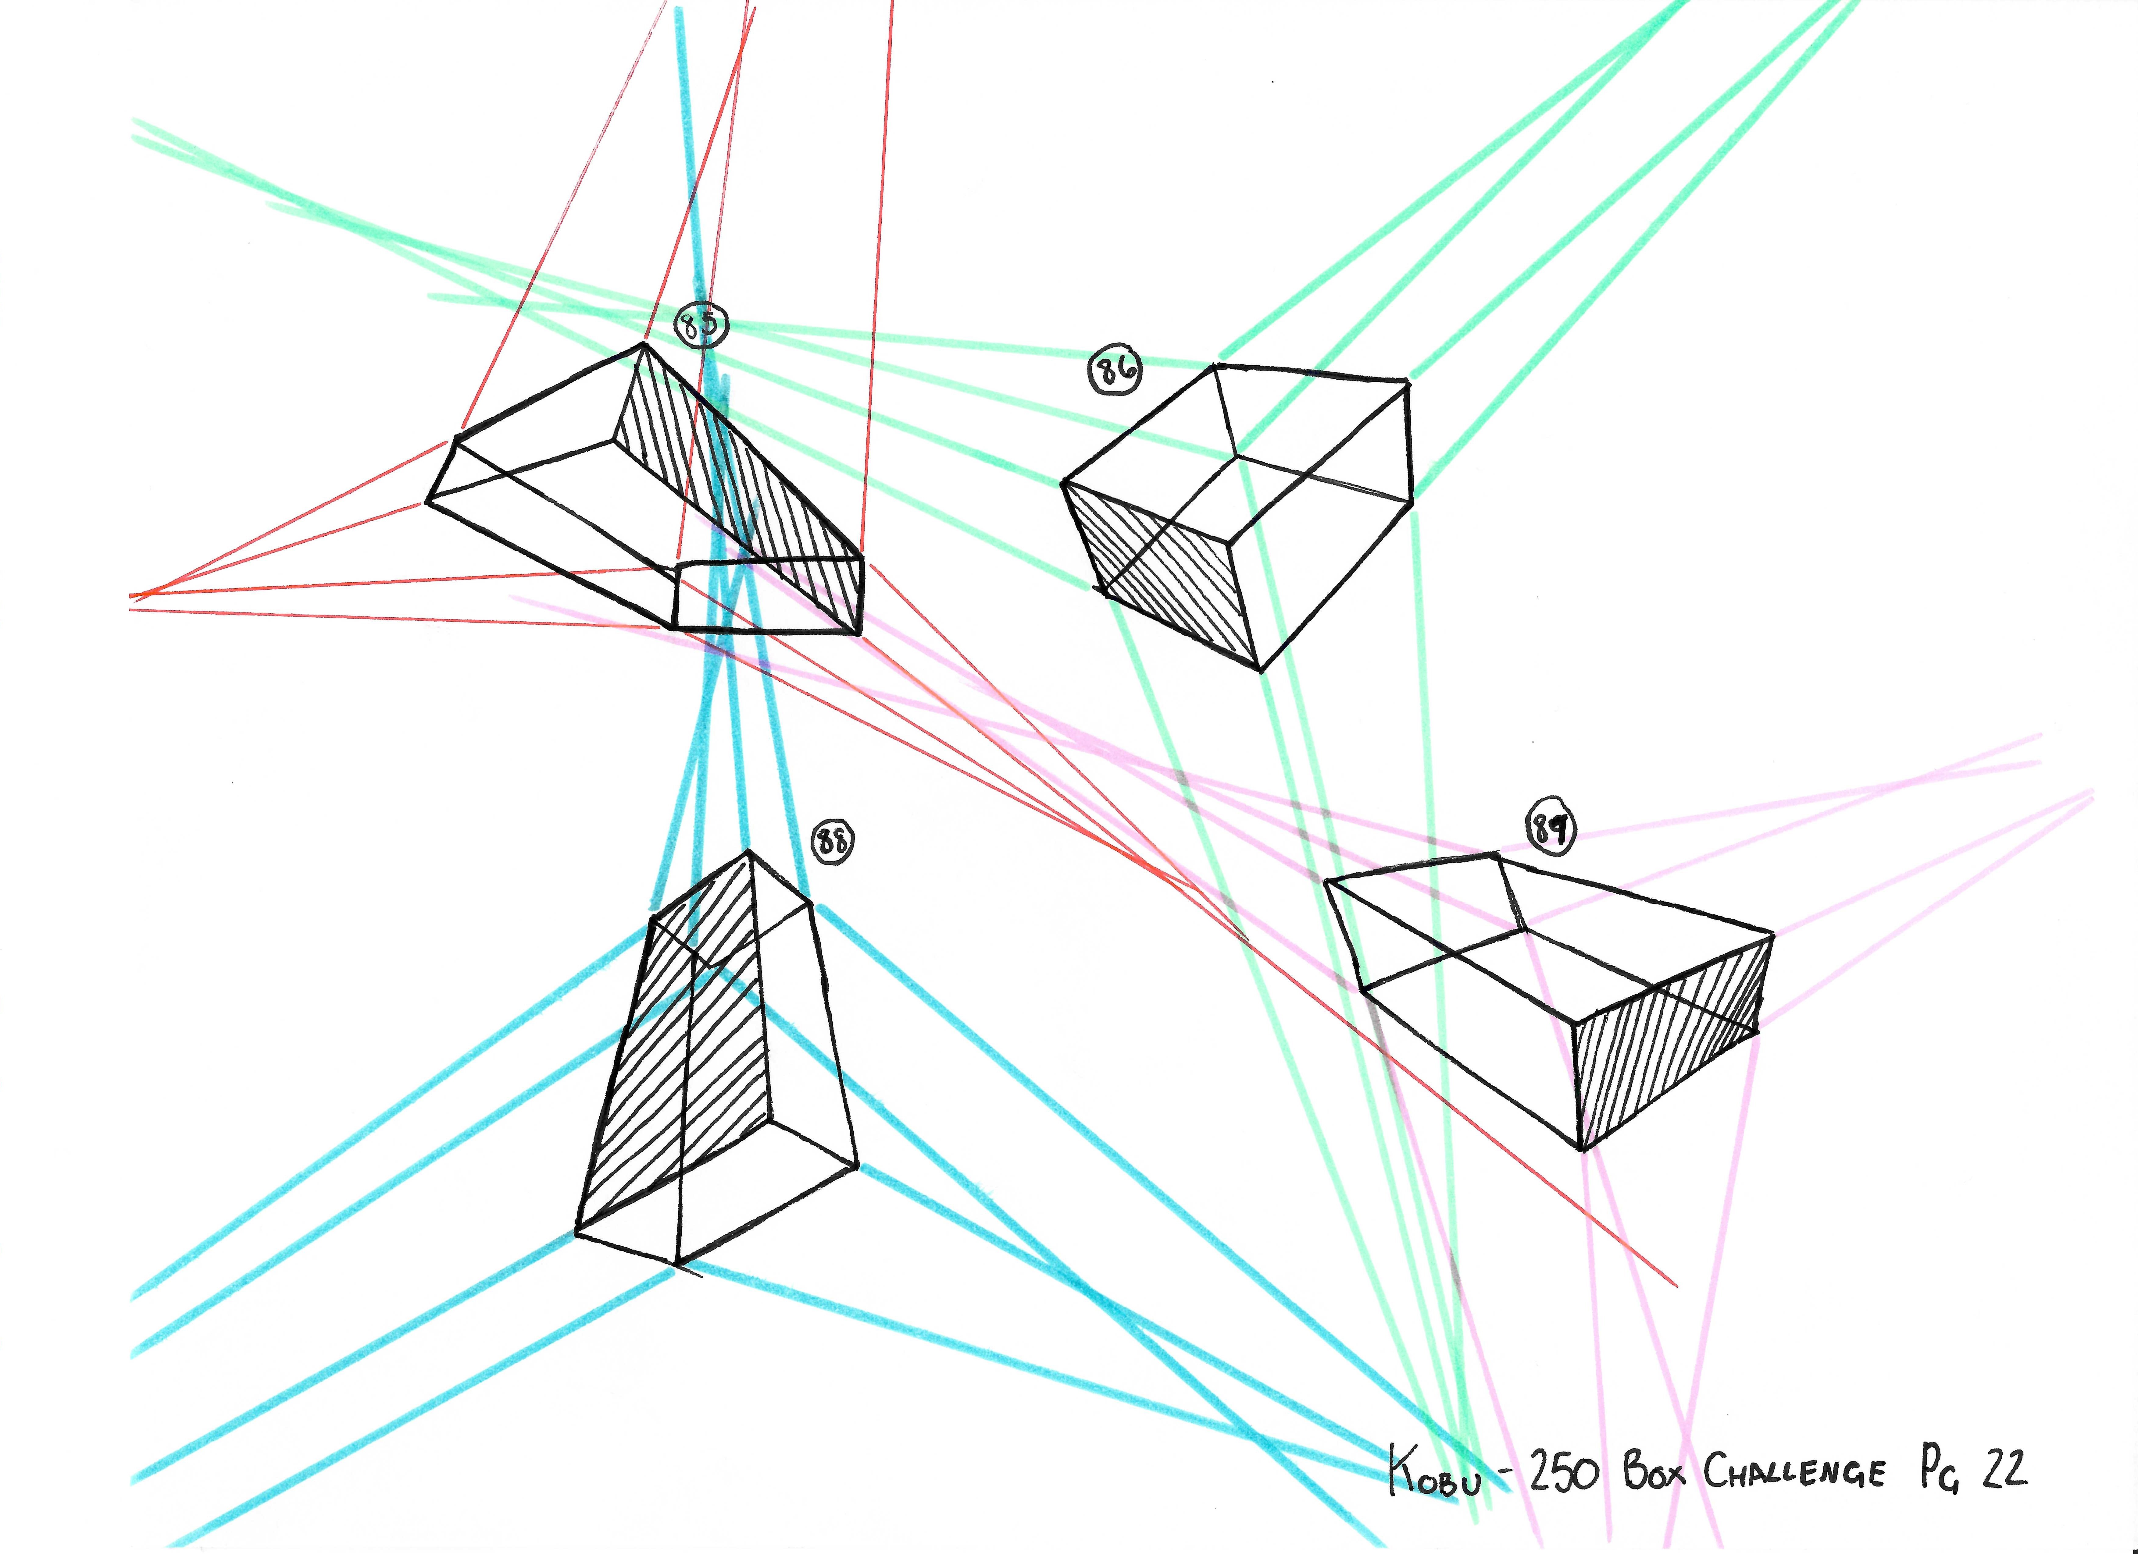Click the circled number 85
tap(701, 325)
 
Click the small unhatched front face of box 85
tap(768, 596)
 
